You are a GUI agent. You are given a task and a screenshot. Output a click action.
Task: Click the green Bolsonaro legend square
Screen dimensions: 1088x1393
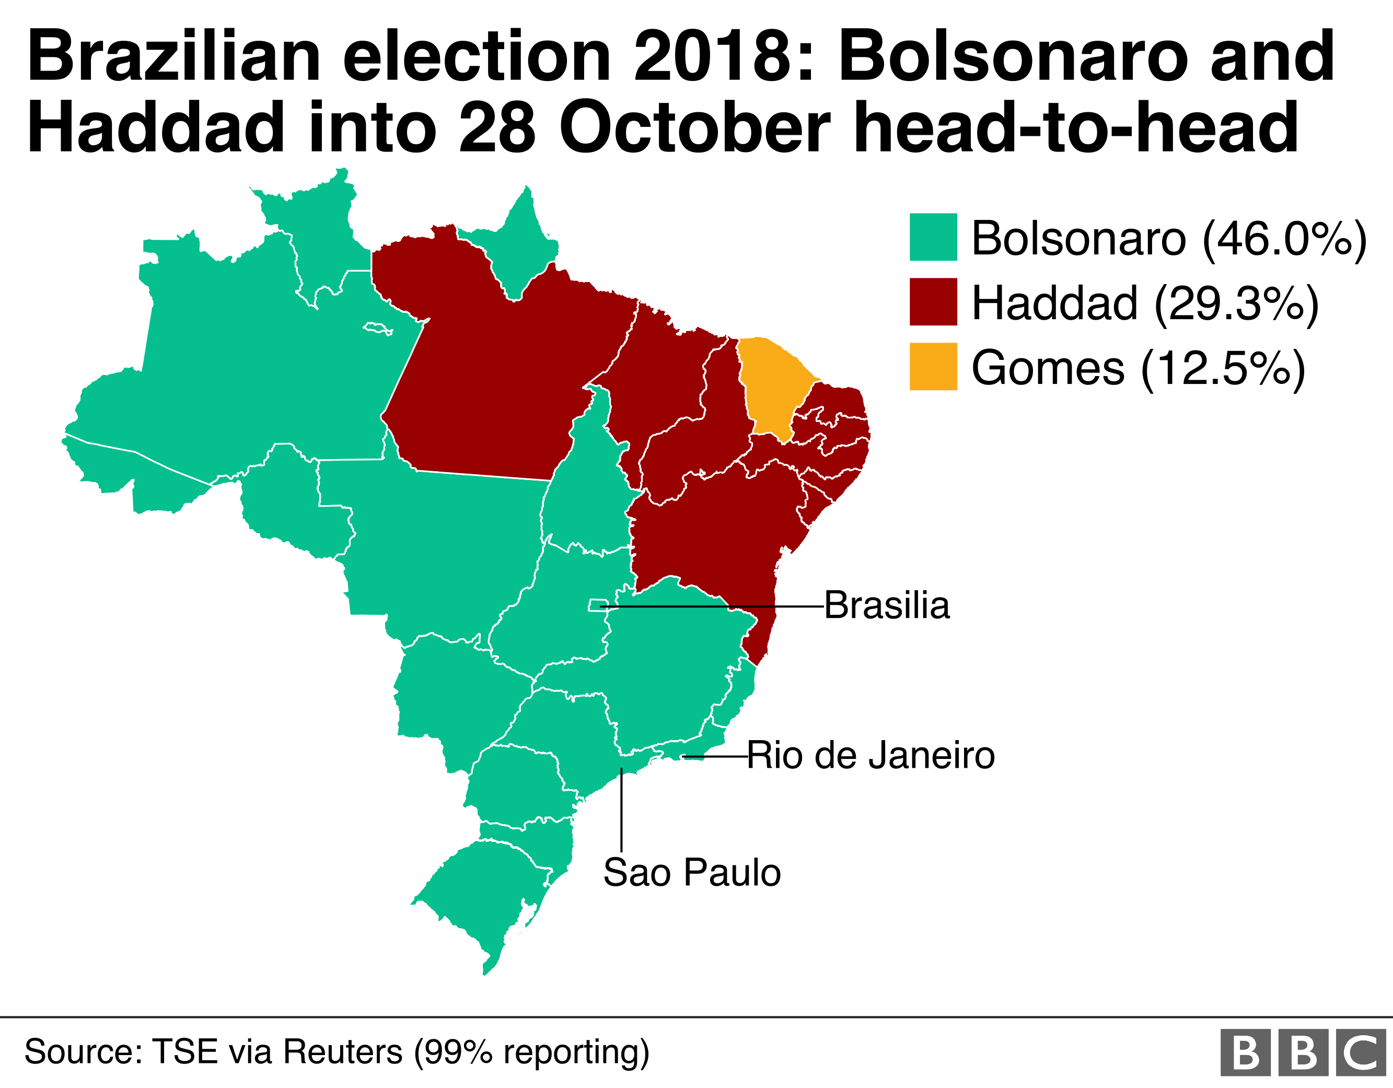coord(933,237)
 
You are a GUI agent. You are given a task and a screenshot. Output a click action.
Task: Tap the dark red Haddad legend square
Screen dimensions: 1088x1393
coord(933,302)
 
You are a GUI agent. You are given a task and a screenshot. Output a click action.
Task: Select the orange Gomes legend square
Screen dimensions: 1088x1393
coord(933,366)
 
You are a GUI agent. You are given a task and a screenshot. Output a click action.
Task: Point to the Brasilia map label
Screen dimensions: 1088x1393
coord(887,605)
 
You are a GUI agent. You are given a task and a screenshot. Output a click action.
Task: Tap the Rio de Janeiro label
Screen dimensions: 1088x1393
coord(870,756)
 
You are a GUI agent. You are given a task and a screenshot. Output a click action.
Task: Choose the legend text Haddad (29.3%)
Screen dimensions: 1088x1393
coord(1145,303)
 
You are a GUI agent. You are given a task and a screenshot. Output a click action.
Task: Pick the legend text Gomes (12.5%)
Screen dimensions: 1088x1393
coord(1139,368)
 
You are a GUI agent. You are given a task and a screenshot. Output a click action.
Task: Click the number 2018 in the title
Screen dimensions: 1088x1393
coord(724,57)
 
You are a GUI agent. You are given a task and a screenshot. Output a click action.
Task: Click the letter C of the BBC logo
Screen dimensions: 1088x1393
coord(1366,1052)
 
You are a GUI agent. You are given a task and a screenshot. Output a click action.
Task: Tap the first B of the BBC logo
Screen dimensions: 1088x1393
coord(1245,1052)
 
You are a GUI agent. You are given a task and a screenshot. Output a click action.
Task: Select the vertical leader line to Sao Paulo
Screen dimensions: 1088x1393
coord(621,810)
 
